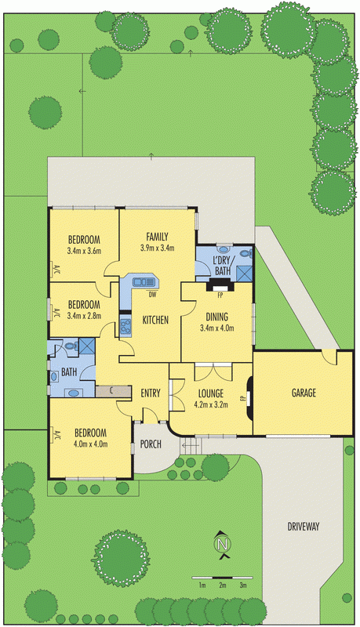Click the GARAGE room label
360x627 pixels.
pos(304,393)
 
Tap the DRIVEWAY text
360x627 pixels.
pos(304,526)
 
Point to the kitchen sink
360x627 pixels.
pos(144,282)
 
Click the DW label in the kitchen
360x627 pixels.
pos(152,295)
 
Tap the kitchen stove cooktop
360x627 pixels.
pos(125,324)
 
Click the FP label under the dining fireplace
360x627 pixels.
pos(220,296)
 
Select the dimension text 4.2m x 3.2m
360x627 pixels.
pos(211,404)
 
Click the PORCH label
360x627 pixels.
pos(151,444)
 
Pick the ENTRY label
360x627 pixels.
pos(151,393)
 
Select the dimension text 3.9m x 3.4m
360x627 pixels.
pos(157,248)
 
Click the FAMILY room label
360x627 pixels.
pos(157,237)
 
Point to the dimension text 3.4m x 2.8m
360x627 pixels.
pos(84,316)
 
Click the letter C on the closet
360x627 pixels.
pos(111,390)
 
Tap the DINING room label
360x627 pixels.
pos(216,317)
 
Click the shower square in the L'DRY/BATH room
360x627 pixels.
pos(244,274)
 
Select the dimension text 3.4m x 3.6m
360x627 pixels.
pos(84,251)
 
